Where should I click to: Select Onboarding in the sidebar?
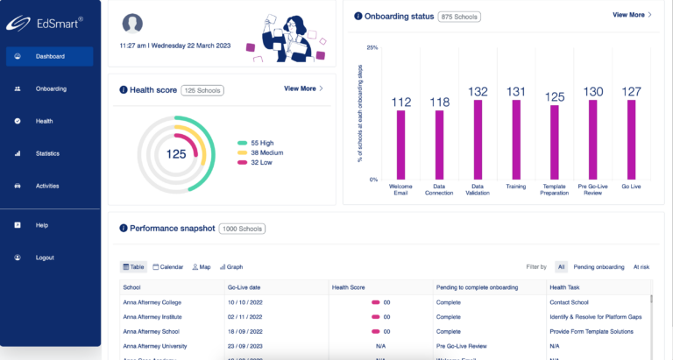(x=50, y=88)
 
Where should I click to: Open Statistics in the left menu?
(x=47, y=153)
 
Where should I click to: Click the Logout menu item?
(x=45, y=258)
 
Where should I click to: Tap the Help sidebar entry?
(x=41, y=225)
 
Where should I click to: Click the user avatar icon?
(x=132, y=23)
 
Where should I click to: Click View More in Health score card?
(x=303, y=88)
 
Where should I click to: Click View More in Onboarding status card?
(x=632, y=15)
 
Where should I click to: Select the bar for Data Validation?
(x=478, y=139)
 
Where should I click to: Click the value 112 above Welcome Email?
(x=401, y=102)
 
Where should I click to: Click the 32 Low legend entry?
(x=259, y=162)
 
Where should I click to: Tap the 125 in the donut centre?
(x=177, y=154)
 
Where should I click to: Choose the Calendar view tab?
(x=168, y=266)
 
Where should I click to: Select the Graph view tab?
(x=231, y=266)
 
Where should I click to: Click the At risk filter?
(x=641, y=266)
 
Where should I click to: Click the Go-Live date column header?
(x=245, y=286)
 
